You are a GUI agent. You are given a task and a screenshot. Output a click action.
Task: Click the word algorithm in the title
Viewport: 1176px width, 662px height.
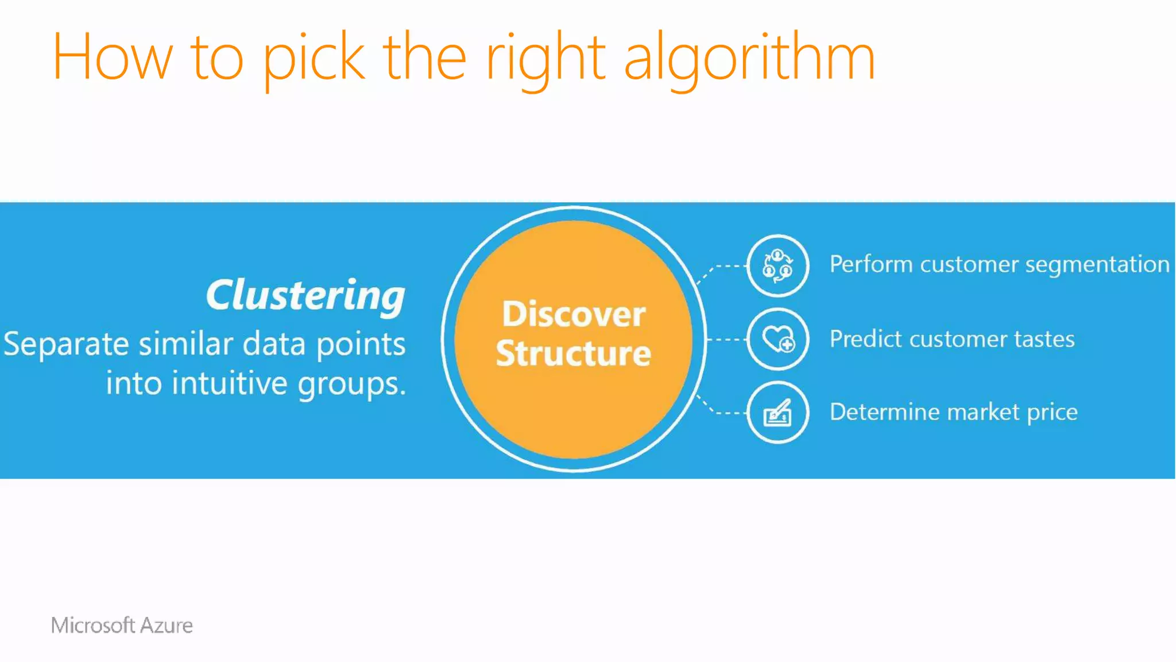click(x=749, y=57)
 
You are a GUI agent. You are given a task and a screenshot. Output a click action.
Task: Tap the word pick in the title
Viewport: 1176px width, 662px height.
click(x=314, y=57)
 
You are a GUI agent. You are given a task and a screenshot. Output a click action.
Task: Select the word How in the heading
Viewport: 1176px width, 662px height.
click(x=112, y=57)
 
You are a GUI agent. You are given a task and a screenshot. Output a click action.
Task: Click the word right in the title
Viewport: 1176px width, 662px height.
click(x=546, y=57)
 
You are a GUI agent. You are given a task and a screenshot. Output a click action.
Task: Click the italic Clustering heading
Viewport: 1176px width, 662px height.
click(x=305, y=295)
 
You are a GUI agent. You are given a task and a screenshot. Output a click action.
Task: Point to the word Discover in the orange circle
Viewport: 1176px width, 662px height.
click(x=573, y=314)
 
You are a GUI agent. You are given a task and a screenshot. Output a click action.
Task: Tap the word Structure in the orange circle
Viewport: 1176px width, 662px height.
click(x=573, y=353)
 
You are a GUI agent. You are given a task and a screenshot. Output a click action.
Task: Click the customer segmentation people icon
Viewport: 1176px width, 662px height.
click(x=777, y=265)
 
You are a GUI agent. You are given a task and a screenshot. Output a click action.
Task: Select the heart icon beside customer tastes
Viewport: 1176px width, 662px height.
click(x=777, y=339)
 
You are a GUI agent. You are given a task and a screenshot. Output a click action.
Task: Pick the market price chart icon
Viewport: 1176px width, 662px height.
click(x=777, y=412)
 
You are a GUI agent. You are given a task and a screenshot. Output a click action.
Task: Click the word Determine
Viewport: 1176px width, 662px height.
click(x=884, y=412)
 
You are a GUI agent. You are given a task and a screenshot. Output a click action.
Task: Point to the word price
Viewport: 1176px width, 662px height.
click(x=1052, y=413)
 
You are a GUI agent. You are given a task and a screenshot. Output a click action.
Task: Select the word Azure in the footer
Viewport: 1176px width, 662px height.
click(x=166, y=625)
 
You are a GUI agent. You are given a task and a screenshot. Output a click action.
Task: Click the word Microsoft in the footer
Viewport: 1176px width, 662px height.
click(x=92, y=625)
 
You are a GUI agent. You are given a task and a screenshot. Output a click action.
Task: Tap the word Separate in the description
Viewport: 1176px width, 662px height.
click(x=66, y=344)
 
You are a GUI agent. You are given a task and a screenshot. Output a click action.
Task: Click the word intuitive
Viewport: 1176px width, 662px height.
click(x=230, y=383)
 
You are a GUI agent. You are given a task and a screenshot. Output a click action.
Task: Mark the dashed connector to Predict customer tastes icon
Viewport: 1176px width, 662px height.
click(x=726, y=340)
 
